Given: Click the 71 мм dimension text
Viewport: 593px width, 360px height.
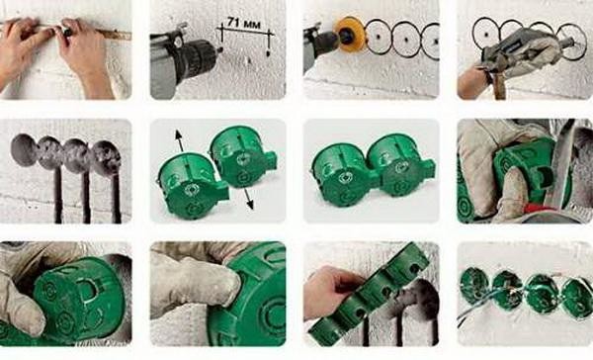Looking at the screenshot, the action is [x=244, y=23].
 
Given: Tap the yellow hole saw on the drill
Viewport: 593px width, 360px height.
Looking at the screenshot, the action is [x=349, y=35].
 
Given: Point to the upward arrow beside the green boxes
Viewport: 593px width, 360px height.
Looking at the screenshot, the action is [x=179, y=140].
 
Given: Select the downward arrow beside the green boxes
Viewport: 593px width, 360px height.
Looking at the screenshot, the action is [x=248, y=199].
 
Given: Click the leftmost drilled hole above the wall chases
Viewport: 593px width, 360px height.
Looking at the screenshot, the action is [x=25, y=150].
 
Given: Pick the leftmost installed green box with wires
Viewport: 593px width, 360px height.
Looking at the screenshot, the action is [x=475, y=286].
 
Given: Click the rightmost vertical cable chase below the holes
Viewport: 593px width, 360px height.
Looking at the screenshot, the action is [x=116, y=199].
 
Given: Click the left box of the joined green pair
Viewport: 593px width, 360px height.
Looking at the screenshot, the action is [x=342, y=175].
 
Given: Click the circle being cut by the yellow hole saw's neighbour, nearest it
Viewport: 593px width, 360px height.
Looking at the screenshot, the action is [x=380, y=39].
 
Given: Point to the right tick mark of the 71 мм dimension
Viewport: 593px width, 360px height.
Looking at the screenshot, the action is [x=270, y=41].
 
